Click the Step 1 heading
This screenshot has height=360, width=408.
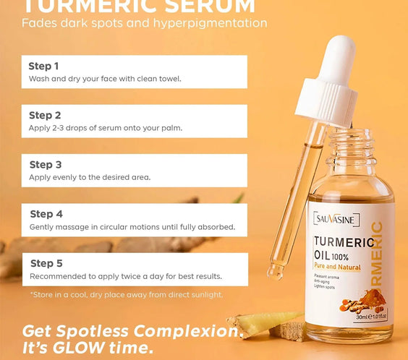[44, 66]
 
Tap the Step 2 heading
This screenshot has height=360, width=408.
[45, 115]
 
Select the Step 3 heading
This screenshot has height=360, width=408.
[45, 164]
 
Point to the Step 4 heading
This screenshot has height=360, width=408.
[46, 214]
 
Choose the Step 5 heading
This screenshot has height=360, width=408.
[46, 263]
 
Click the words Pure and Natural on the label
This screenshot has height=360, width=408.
[340, 266]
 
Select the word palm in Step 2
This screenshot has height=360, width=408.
[171, 127]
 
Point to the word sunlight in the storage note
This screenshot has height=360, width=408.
[206, 294]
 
